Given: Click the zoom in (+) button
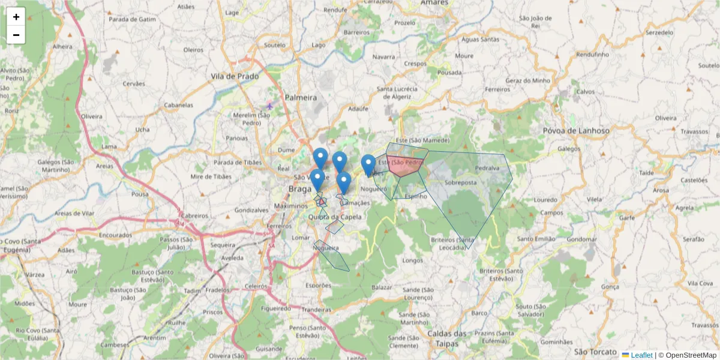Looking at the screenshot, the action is point(16,17).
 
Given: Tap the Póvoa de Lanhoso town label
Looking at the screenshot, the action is point(575,131).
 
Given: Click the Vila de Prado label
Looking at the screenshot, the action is point(235,77).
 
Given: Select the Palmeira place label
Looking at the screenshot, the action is point(301,97).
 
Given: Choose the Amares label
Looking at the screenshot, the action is point(434,3).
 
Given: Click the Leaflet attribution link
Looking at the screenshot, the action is point(641,355).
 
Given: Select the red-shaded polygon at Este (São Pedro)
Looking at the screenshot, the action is point(405,166).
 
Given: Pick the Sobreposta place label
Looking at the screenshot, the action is point(461,182).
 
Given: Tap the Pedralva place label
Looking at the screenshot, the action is point(487,169).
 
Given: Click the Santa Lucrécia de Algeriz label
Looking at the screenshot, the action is point(397,92).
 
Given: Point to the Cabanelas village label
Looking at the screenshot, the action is point(179,105).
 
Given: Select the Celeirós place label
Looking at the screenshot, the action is point(256,286).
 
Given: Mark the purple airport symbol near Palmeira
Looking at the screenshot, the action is point(269,106).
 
